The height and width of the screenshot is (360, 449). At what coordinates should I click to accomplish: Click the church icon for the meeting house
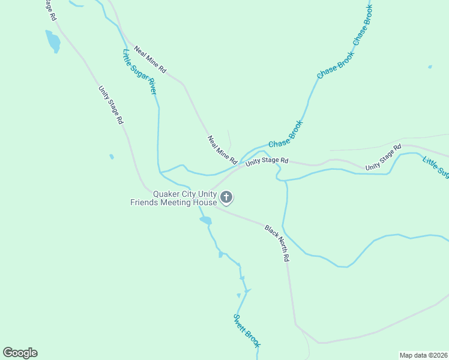227,197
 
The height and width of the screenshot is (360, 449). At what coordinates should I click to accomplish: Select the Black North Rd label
278,242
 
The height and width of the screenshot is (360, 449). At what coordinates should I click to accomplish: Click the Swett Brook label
247,329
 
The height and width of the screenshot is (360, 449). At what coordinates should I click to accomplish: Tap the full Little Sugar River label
140,71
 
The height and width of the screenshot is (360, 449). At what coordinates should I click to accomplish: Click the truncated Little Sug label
436,167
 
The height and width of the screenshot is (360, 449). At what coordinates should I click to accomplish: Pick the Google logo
20,353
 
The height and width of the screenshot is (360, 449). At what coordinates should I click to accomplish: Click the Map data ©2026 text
423,355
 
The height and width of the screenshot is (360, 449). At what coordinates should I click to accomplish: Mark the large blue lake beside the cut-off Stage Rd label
53,41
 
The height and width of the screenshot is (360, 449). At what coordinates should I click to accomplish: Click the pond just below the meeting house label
206,220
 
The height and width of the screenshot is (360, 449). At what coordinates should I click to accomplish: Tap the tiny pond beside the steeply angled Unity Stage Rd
112,157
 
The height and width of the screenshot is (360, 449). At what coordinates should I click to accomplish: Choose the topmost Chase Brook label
363,25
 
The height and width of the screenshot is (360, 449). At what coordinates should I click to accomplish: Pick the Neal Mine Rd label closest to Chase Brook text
222,150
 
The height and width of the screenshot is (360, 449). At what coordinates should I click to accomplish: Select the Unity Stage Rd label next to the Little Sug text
383,157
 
